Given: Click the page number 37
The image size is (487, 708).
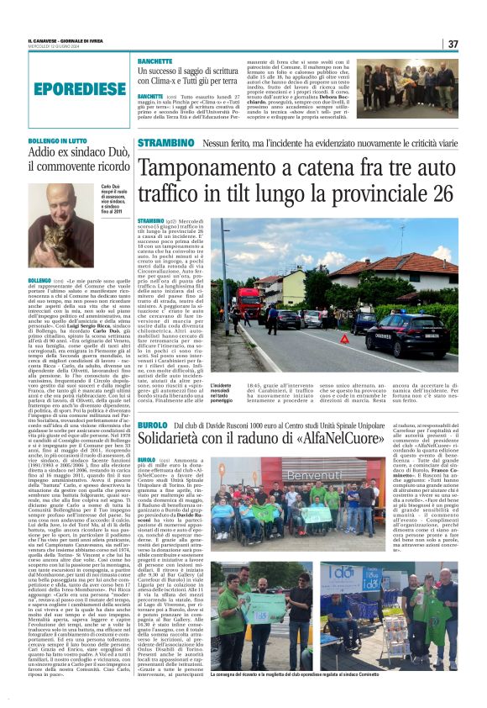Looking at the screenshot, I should [x=453, y=44].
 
